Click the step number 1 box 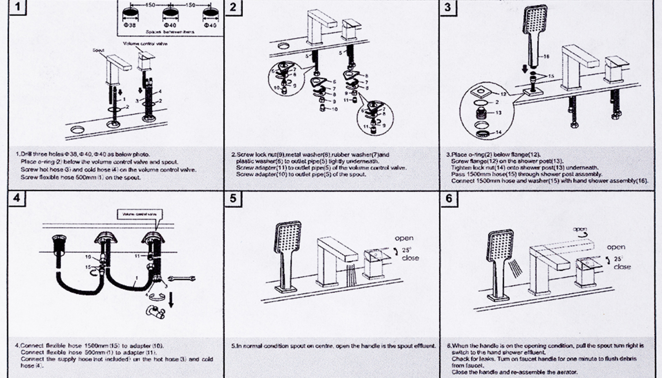coord(17,7)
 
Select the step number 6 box coord(449,199)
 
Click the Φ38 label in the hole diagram coord(130,25)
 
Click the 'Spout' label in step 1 coord(98,50)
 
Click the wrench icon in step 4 coord(181,278)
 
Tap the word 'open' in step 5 coord(404,238)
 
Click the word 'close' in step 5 coord(410,258)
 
